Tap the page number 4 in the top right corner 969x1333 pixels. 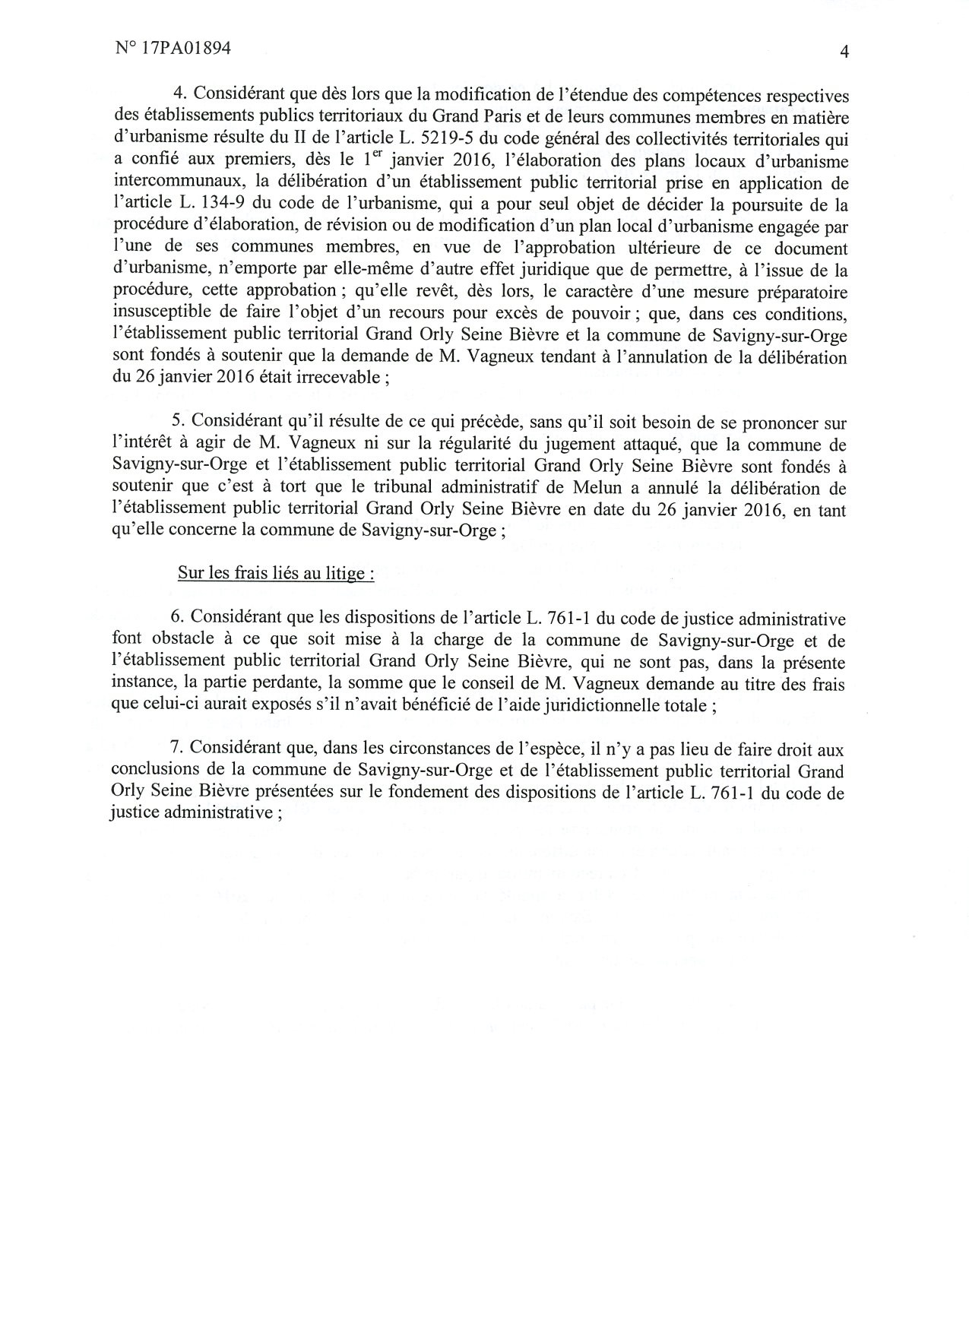pos(844,52)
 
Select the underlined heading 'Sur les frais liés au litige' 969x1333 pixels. pos(275,573)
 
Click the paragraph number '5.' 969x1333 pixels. pos(179,423)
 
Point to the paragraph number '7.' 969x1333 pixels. pos(179,750)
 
